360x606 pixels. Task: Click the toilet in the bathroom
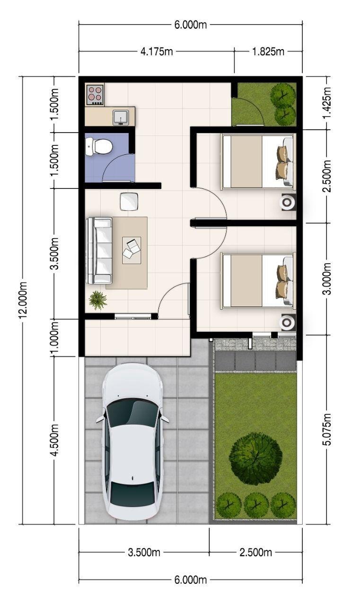[99, 147]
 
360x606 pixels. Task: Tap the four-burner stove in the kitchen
[95, 95]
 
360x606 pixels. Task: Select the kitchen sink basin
[121, 117]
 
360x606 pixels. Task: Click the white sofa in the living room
[99, 250]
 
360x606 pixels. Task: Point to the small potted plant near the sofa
[97, 300]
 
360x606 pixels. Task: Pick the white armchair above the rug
[129, 201]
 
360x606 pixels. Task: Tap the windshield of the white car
[133, 412]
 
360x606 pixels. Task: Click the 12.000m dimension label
[23, 300]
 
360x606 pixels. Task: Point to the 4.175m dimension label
[157, 52]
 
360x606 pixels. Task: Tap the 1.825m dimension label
[268, 52]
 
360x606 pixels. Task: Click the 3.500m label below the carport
[144, 552]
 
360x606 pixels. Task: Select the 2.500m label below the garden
[255, 552]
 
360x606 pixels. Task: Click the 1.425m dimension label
[328, 103]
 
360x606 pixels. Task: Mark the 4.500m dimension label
[54, 440]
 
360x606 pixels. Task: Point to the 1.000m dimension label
[54, 338]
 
